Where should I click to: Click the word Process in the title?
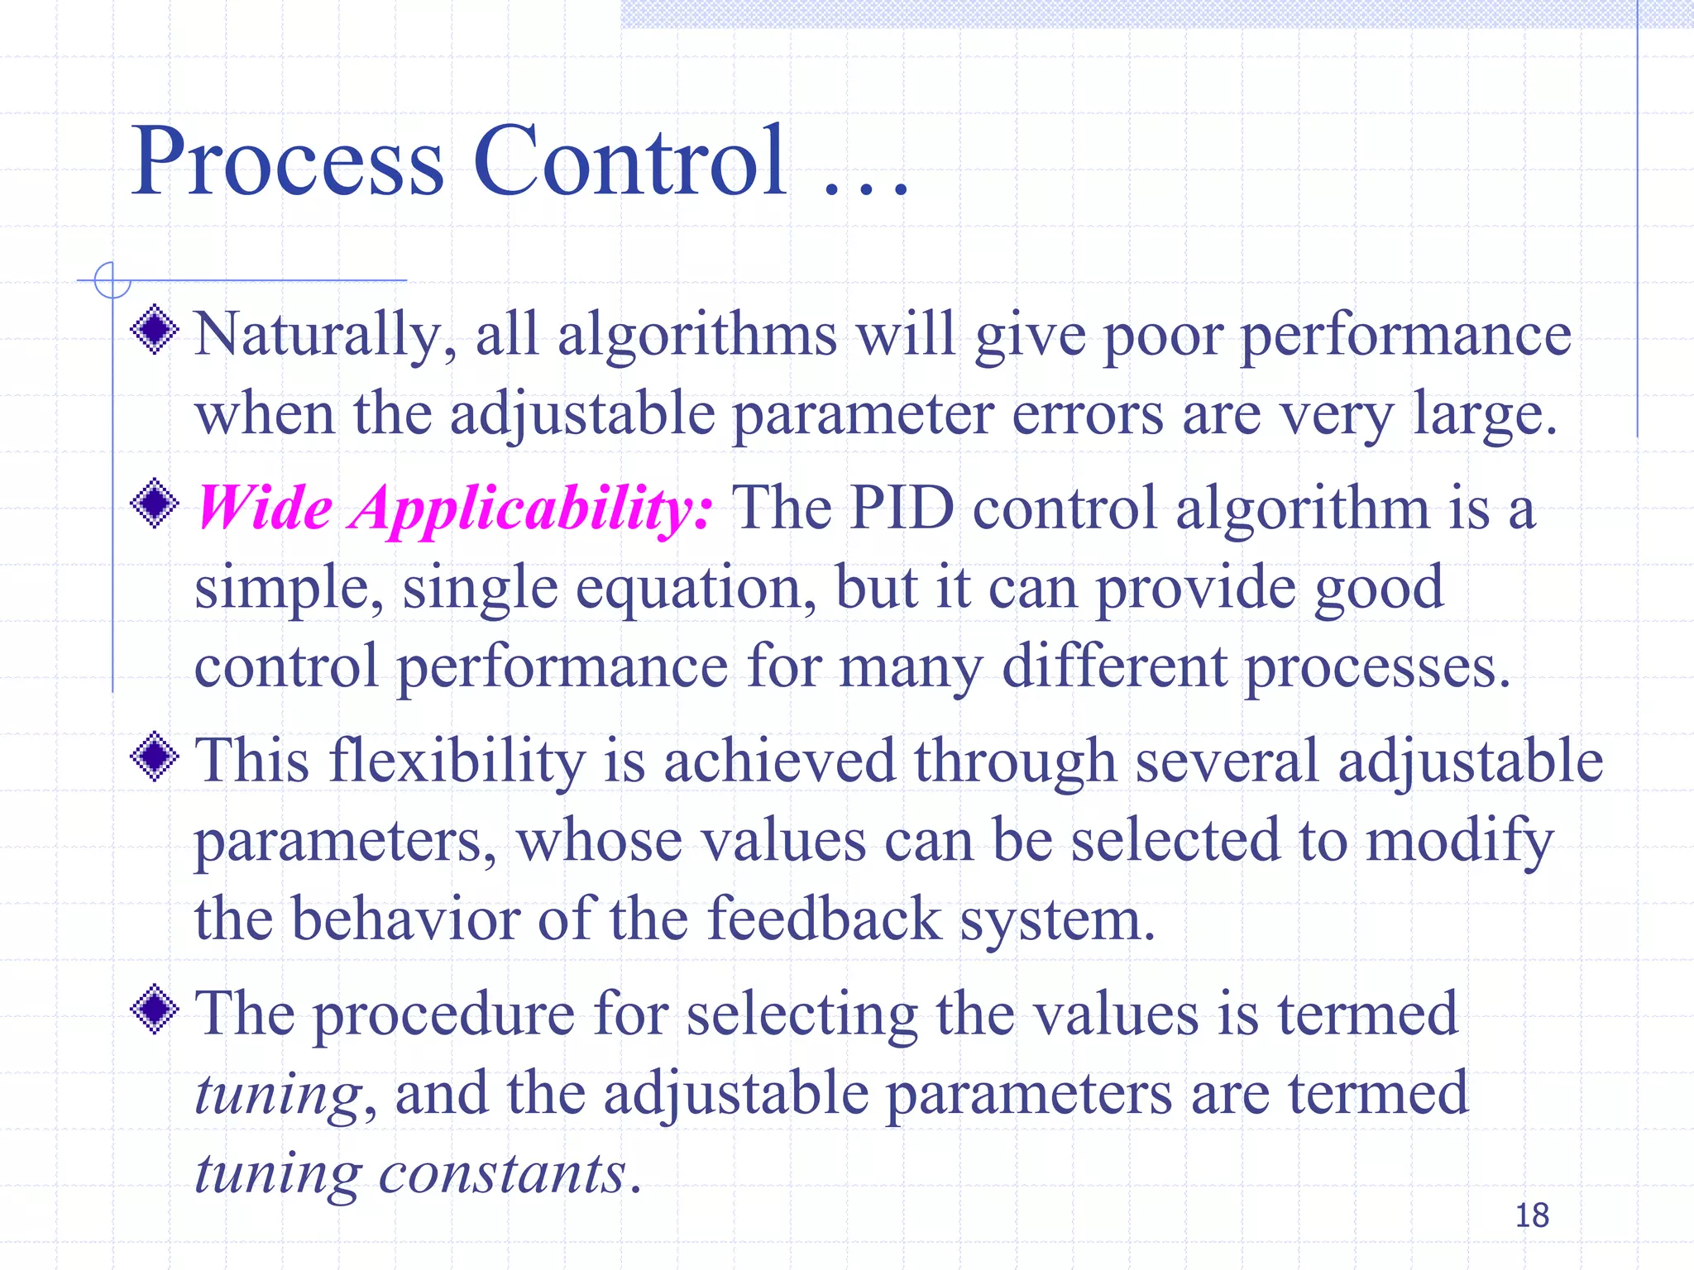(x=287, y=161)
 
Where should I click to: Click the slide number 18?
(x=1531, y=1215)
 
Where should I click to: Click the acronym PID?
(x=902, y=508)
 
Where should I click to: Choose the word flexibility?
(x=457, y=761)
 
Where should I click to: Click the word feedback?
(x=825, y=919)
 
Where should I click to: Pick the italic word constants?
(x=502, y=1173)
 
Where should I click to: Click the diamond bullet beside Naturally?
(x=155, y=330)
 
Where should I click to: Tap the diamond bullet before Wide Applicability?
(x=155, y=503)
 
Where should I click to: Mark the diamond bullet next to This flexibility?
(x=155, y=757)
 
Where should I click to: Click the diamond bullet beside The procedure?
(x=155, y=1010)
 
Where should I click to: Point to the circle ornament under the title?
(x=112, y=279)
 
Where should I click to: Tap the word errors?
(x=1088, y=414)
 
